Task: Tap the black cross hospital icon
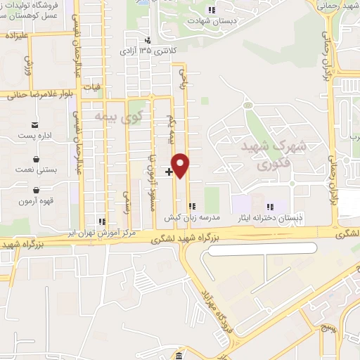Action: coord(169,171)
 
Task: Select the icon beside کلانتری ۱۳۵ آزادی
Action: coord(148,40)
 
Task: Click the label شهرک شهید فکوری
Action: coord(281,155)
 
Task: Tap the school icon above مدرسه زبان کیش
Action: coord(191,207)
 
